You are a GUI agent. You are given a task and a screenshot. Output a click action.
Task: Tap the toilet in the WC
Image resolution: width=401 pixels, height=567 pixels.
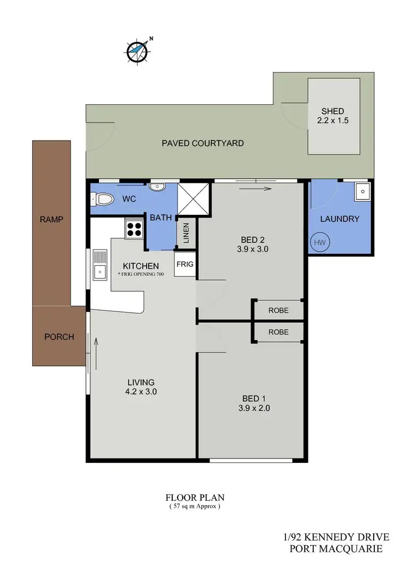point(104,200)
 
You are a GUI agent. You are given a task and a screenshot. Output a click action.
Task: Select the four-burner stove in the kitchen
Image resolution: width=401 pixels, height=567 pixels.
point(134,229)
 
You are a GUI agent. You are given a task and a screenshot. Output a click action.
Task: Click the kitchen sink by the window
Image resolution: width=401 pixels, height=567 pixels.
point(100,265)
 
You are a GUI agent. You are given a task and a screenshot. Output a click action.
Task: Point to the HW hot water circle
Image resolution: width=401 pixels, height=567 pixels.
point(320,243)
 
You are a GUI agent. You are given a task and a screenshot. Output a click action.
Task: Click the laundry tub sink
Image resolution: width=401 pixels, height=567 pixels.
point(362,191)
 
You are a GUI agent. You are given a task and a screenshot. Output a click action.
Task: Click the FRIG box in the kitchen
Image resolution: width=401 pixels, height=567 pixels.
point(185,265)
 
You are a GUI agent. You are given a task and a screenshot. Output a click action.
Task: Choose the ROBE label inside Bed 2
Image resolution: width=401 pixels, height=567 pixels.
point(278,309)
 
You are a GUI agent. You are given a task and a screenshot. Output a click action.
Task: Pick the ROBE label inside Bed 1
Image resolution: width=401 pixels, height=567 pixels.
point(278,332)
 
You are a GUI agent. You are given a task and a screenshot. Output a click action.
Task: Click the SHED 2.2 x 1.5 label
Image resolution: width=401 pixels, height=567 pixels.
point(332,116)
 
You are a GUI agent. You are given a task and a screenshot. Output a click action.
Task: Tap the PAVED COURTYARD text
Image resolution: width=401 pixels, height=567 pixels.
point(203,143)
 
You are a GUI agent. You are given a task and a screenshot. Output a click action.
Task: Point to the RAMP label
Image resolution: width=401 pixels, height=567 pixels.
point(51,219)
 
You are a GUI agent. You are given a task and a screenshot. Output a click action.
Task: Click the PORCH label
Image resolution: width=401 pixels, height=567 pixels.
point(59,337)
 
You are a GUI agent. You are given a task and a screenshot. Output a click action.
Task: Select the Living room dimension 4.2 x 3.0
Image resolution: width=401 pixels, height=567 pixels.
point(141,391)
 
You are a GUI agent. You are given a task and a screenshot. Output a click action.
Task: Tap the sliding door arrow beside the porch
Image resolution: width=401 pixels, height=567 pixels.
point(97,349)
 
